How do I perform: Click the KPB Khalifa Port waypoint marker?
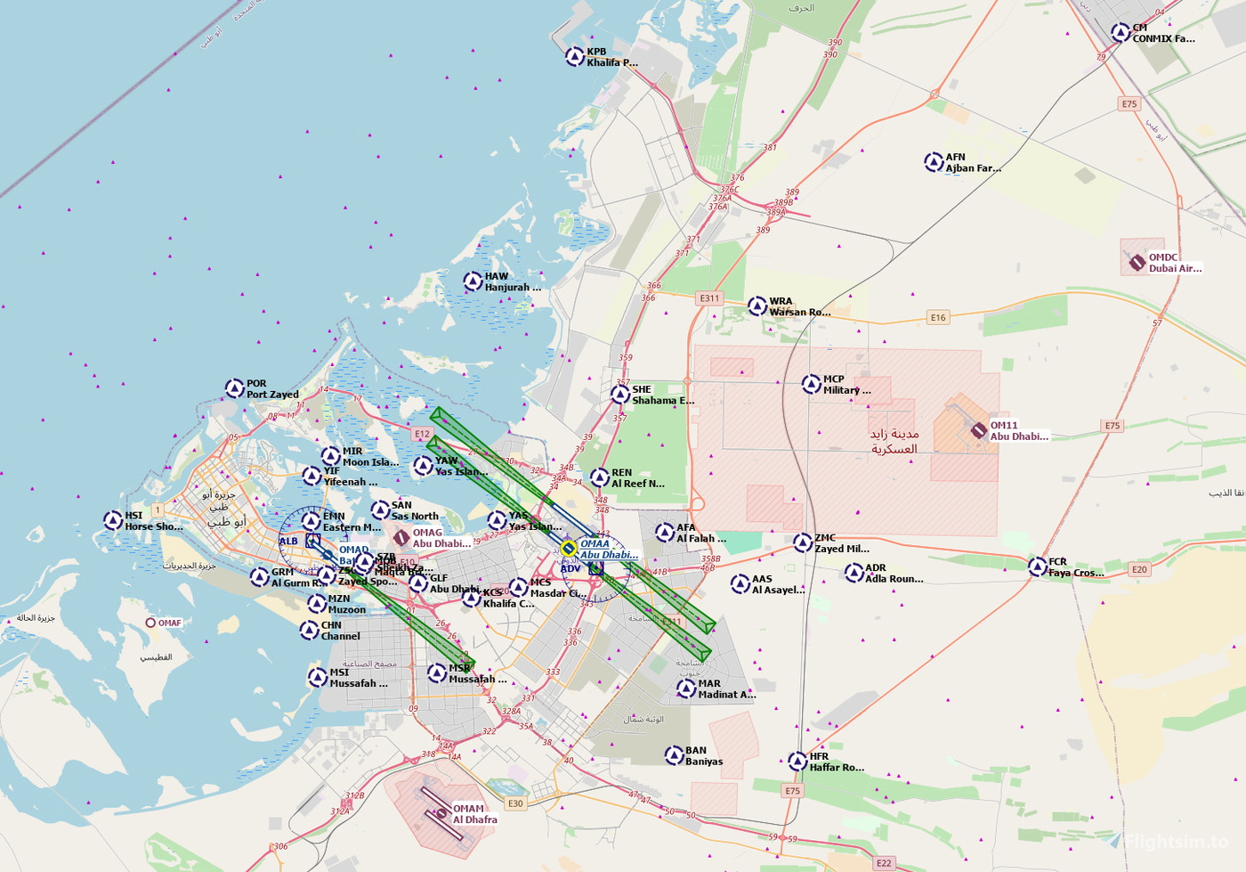(x=575, y=56)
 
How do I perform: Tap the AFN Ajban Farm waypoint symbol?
(x=934, y=162)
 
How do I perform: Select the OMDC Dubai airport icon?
(x=1137, y=262)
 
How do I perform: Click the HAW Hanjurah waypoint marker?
(x=473, y=281)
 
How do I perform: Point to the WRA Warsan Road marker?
(x=757, y=306)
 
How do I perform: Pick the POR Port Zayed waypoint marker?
(x=234, y=388)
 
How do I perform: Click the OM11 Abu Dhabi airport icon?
(x=978, y=430)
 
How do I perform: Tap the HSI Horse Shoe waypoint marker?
(x=113, y=520)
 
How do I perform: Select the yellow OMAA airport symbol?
(x=568, y=549)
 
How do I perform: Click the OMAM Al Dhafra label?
(x=474, y=814)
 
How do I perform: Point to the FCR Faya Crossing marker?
(x=1037, y=566)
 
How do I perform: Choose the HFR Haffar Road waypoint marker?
(x=797, y=762)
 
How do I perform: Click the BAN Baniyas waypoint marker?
(x=674, y=755)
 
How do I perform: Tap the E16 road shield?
(x=938, y=317)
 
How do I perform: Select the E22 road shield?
(x=883, y=863)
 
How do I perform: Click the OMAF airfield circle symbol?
(x=151, y=623)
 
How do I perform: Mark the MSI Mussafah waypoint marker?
(x=318, y=678)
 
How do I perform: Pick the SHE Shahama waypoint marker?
(x=620, y=395)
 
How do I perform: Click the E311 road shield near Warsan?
(x=709, y=298)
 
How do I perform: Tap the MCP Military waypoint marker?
(x=811, y=384)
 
